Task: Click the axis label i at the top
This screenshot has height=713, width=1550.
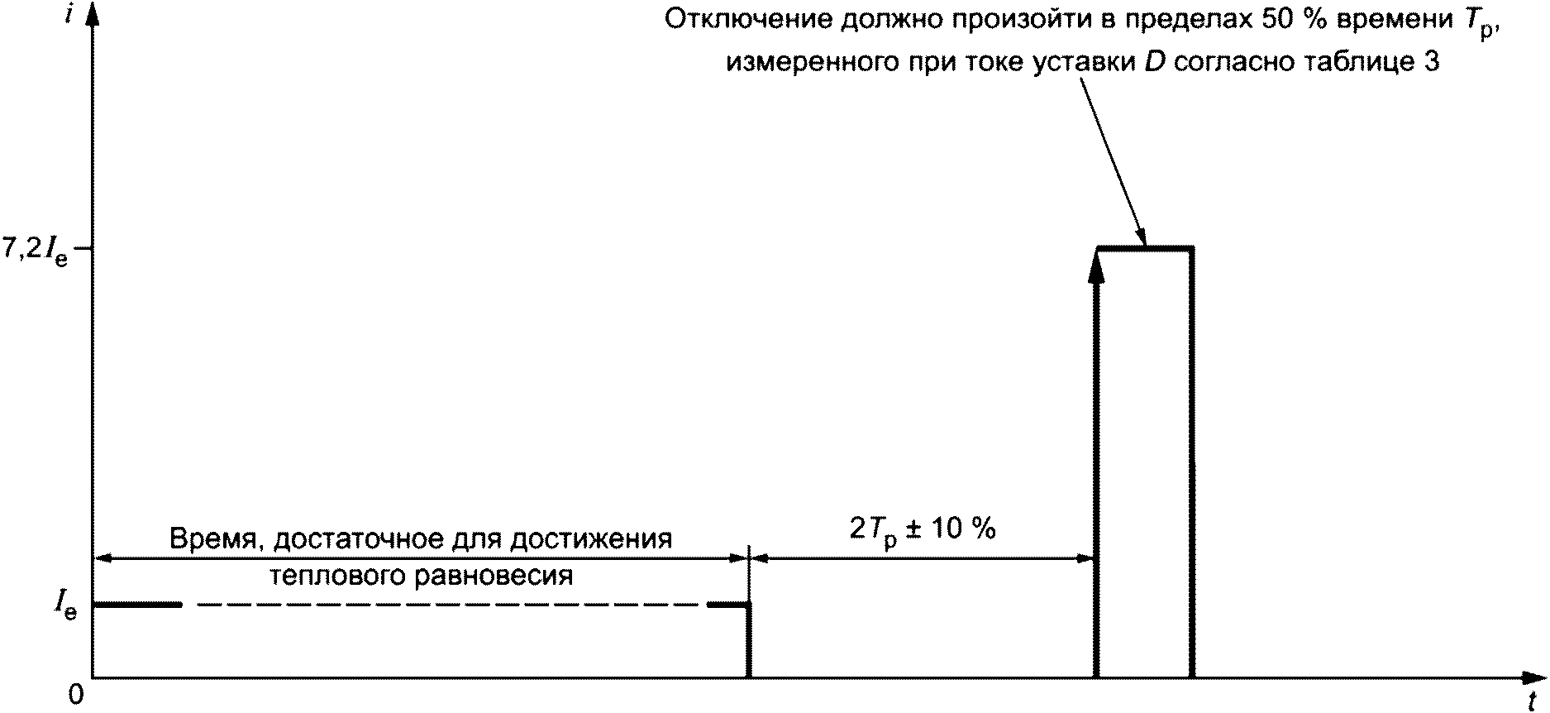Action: click(77, 15)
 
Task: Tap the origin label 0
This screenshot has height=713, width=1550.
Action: click(77, 696)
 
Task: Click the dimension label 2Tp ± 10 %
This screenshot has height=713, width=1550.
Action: click(923, 529)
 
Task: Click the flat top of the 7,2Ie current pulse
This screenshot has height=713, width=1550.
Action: click(1145, 248)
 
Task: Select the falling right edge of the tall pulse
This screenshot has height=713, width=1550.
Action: click(1192, 463)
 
